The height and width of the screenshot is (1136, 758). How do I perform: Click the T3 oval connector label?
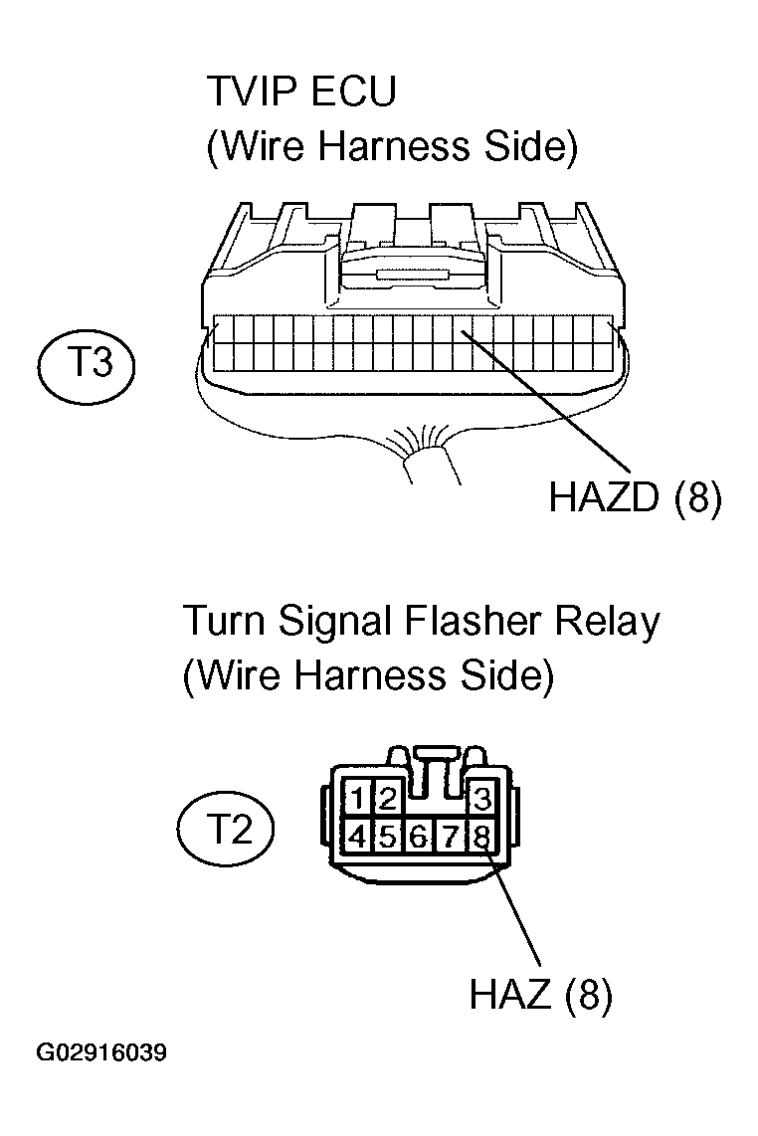pos(86,363)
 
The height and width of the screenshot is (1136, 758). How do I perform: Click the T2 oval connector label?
pos(226,828)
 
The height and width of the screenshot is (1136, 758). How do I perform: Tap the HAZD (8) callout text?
pos(635,497)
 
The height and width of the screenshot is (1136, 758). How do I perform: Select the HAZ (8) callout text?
pos(540,994)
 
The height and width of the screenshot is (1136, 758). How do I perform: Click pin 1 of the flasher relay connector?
pos(358,799)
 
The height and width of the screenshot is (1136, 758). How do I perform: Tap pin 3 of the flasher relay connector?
pos(481,799)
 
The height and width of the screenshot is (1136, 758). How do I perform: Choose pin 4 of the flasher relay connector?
pos(358,837)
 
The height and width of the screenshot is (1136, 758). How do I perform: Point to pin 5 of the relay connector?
pos(388,837)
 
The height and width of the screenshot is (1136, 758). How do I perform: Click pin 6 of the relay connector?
pos(419,837)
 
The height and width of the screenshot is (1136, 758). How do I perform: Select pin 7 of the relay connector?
pos(450,837)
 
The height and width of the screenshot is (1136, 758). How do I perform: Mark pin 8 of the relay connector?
pos(481,837)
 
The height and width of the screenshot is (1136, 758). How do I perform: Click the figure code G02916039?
pos(101,1052)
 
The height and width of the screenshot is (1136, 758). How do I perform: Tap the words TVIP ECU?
pos(301,92)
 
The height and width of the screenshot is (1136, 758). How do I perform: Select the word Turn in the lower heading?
pos(224,622)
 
